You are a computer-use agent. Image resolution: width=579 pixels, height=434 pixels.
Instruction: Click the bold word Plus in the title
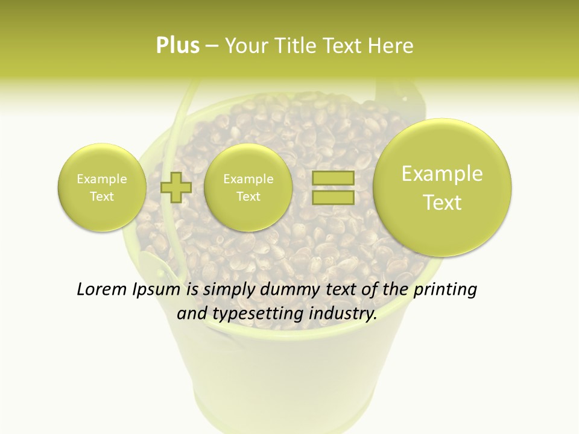point(177,46)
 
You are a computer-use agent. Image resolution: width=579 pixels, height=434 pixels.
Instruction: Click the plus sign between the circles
point(176,187)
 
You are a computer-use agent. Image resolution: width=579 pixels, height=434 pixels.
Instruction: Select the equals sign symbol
point(333,187)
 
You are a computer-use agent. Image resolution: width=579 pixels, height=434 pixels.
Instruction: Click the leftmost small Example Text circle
point(101,187)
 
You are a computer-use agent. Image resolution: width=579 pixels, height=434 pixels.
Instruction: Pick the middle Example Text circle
point(248,187)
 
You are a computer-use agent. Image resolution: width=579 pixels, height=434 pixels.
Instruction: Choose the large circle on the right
point(442,187)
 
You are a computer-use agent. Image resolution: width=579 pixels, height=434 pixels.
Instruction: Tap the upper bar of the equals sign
point(333,178)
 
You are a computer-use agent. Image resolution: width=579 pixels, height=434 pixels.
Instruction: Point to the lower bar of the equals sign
point(333,197)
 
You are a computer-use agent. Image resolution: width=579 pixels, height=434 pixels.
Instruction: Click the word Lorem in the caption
point(102,290)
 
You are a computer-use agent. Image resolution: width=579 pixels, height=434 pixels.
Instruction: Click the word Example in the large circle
point(442,174)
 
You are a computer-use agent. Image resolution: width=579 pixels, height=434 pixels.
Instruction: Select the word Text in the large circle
point(442,203)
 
